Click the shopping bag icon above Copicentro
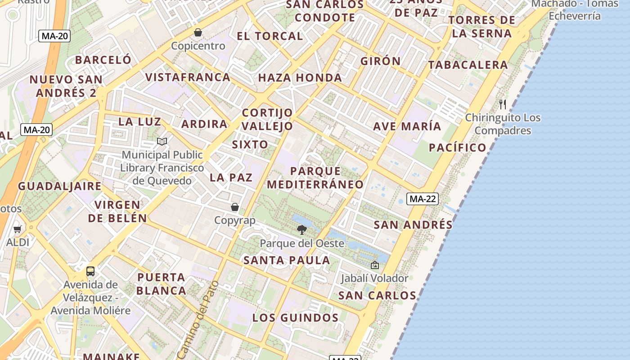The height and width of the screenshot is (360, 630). click(198, 32)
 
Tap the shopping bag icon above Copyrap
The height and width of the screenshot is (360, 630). click(234, 207)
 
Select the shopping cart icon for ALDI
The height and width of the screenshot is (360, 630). click(18, 229)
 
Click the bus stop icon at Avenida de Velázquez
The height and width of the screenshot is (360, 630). click(90, 271)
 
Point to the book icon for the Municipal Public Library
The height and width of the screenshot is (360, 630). click(162, 141)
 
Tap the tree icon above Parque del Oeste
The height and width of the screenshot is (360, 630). click(302, 230)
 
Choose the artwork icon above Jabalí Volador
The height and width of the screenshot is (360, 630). click(374, 265)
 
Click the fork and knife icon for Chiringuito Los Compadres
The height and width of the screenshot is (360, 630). click(503, 104)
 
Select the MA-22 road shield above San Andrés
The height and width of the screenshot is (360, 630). click(422, 199)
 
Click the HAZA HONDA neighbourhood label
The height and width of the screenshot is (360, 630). click(300, 78)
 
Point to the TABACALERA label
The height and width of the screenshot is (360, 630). click(468, 65)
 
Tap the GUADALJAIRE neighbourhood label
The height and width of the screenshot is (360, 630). click(60, 186)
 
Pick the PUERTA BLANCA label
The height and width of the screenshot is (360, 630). click(161, 284)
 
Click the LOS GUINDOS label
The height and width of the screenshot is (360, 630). click(295, 318)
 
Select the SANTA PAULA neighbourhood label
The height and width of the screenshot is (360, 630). click(287, 260)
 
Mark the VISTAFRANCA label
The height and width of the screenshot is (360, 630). click(188, 77)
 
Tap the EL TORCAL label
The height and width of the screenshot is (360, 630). click(270, 36)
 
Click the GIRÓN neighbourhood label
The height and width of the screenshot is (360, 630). click(380, 61)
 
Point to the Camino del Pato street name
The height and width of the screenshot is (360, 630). click(198, 320)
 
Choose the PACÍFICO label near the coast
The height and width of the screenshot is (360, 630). click(458, 148)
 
